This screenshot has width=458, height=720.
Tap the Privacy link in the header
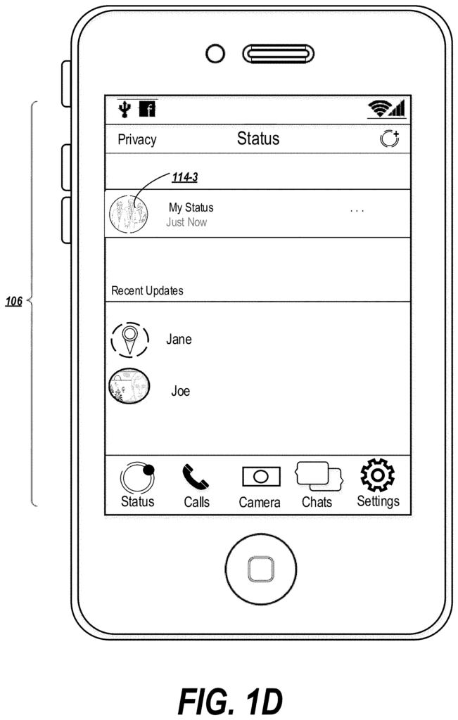137,140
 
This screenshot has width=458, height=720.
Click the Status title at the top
258,139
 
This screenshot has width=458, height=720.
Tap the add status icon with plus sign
390,139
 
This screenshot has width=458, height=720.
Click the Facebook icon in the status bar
148,109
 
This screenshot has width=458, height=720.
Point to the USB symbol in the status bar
125,109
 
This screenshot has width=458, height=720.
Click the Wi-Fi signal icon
379,108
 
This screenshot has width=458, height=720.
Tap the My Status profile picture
129,214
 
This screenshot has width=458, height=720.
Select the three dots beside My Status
357,211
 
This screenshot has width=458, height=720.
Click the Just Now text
186,222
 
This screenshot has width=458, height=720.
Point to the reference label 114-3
184,177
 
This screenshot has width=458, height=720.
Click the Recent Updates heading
148,290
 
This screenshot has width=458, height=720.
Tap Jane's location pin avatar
130,340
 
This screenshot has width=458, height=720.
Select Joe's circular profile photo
129,386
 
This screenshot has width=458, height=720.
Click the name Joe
181,391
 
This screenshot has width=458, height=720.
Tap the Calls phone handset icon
196,477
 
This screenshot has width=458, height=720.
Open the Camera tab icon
261,477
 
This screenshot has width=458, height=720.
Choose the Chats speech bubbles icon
319,476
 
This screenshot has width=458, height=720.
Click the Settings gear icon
378,475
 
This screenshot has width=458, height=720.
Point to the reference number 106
14,302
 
